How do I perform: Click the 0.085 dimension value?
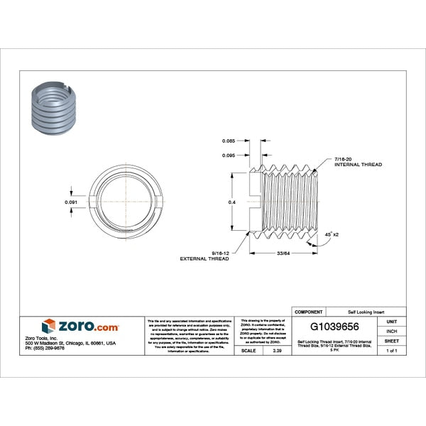(229, 141)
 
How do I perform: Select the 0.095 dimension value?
(229, 155)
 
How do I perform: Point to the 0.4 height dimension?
(231, 202)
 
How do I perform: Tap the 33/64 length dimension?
(283, 253)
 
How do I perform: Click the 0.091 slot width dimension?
(71, 202)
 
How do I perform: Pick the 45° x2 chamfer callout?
(331, 234)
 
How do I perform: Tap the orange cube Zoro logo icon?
(48, 326)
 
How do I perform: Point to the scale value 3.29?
(267, 351)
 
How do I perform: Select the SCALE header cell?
(248, 351)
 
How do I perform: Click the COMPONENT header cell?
(308, 312)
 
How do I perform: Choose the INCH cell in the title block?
(390, 331)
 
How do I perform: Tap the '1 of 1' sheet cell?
(390, 351)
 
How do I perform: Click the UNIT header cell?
(390, 321)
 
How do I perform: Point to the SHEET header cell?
(390, 341)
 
